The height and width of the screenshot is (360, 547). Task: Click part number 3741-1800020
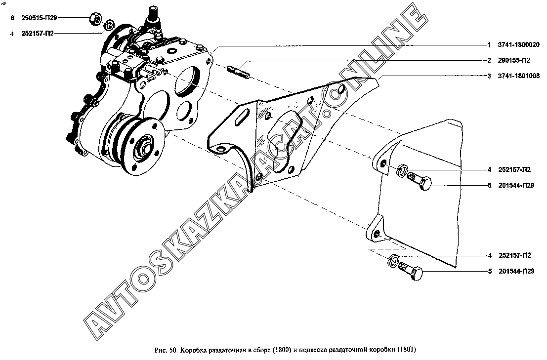pyautogui.click(x=518, y=45)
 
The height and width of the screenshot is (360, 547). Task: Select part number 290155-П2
pyautogui.click(x=514, y=60)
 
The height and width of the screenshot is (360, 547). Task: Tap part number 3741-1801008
pyautogui.click(x=518, y=76)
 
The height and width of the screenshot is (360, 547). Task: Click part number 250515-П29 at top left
pyautogui.click(x=39, y=18)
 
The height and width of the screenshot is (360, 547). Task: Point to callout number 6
pyautogui.click(x=12, y=18)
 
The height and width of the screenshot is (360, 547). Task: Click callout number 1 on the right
pyautogui.click(x=490, y=45)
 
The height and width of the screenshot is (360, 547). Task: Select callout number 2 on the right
pyautogui.click(x=490, y=60)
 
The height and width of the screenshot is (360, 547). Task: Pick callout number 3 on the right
pyautogui.click(x=490, y=76)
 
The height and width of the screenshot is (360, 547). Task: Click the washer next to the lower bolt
pyautogui.click(x=393, y=260)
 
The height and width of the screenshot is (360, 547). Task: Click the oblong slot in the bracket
pyautogui.click(x=242, y=115)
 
